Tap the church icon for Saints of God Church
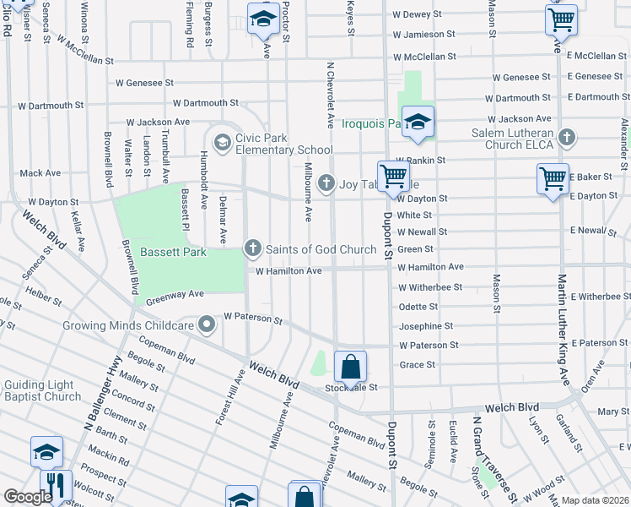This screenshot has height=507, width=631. [251, 248]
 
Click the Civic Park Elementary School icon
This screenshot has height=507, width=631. [223, 141]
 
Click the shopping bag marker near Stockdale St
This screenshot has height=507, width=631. [350, 368]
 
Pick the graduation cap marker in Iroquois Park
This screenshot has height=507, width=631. [418, 123]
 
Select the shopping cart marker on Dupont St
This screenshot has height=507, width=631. [393, 177]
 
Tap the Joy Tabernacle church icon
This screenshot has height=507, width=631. [326, 183]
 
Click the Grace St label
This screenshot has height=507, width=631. [417, 365]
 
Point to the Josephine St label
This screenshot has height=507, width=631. [425, 326]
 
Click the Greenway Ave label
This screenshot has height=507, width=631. [175, 296]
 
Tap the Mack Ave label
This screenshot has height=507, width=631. [40, 173]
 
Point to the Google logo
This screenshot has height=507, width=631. [28, 497]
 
